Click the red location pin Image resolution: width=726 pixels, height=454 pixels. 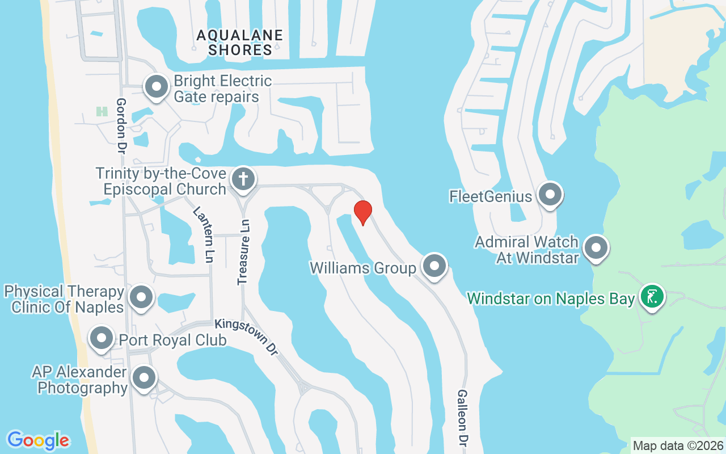(x=362, y=213)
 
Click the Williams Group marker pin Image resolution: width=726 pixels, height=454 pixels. (x=434, y=266)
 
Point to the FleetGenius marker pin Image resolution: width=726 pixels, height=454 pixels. (x=549, y=195)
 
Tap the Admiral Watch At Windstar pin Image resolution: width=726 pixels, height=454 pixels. (x=596, y=247)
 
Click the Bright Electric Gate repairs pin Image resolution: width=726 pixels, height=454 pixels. (x=157, y=87)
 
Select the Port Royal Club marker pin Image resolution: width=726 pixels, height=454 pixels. (x=102, y=338)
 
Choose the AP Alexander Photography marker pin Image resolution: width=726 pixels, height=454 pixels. (x=144, y=377)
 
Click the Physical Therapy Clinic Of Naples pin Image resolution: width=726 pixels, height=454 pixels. (x=141, y=297)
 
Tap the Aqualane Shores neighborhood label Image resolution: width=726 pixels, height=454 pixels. (x=240, y=43)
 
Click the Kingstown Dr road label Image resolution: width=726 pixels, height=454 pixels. (x=247, y=337)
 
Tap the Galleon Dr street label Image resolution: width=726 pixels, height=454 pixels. (x=462, y=418)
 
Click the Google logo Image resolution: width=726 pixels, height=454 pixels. (x=38, y=440)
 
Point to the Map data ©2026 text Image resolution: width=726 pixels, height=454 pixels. (x=678, y=445)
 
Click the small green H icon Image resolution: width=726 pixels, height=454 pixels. (x=102, y=111)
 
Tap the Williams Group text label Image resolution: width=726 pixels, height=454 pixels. (x=363, y=267)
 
